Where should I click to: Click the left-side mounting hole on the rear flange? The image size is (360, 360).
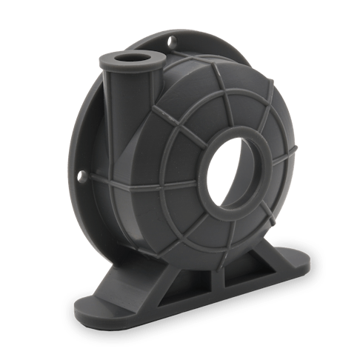(x=83, y=177)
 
